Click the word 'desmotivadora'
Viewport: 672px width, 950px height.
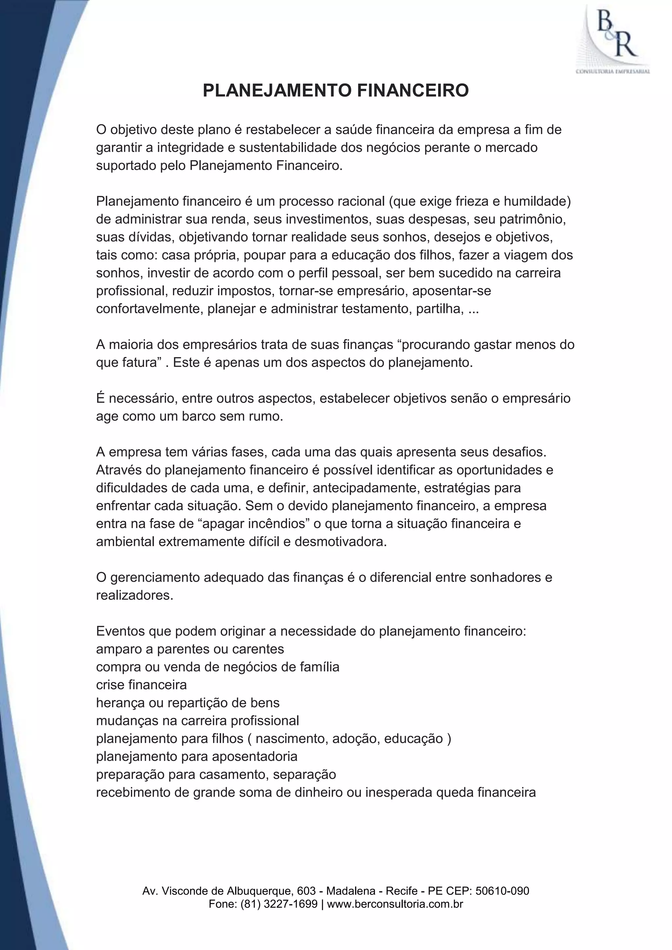[x=340, y=542]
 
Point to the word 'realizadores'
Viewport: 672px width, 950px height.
[x=134, y=595]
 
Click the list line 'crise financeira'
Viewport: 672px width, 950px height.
[x=141, y=685]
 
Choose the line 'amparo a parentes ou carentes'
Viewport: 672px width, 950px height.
[x=190, y=649]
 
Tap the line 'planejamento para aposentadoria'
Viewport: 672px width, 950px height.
[x=197, y=756]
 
